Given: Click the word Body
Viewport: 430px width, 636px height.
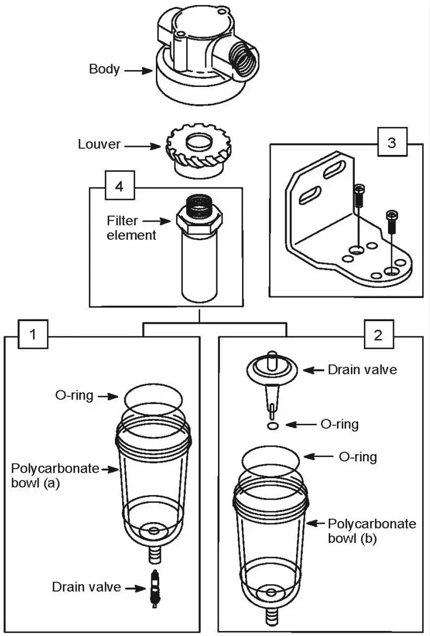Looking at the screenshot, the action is (x=104, y=69).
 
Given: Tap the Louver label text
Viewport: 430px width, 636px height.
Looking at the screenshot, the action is (x=99, y=144).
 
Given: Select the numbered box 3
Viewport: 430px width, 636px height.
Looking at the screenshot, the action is (x=392, y=143).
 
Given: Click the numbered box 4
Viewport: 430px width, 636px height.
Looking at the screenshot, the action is (x=119, y=186).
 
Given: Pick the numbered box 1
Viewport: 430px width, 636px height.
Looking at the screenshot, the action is (x=33, y=334).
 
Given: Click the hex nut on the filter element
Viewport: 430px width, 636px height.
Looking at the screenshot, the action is (x=199, y=221).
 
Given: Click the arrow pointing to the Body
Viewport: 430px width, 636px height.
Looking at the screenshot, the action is (x=138, y=71).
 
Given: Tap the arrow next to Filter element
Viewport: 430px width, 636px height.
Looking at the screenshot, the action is (x=157, y=221).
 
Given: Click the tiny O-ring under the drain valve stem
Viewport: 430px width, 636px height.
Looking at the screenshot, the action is (x=274, y=425).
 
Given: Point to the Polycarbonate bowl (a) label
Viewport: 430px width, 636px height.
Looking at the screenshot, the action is (x=55, y=476).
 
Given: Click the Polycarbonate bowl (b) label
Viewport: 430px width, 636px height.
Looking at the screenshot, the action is (x=372, y=531).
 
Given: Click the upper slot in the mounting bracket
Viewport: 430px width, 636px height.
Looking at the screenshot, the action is (x=335, y=170).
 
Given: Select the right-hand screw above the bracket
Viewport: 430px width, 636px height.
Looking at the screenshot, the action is (x=392, y=222).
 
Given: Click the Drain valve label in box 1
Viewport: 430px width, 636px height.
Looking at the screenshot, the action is (x=86, y=587).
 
